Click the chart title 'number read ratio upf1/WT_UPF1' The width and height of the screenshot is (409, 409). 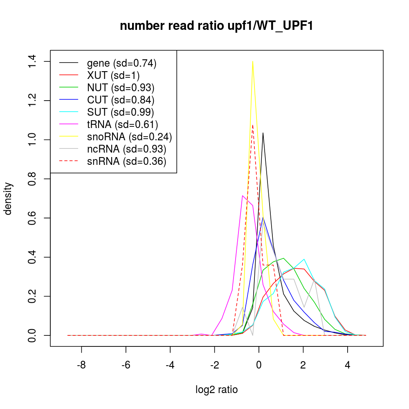(x=217, y=26)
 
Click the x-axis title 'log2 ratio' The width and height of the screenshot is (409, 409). (x=217, y=390)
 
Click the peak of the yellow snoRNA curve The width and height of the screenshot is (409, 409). (x=253, y=61)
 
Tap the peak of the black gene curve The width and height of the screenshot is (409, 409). (x=263, y=133)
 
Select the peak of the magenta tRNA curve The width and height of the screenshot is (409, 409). (x=243, y=196)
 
